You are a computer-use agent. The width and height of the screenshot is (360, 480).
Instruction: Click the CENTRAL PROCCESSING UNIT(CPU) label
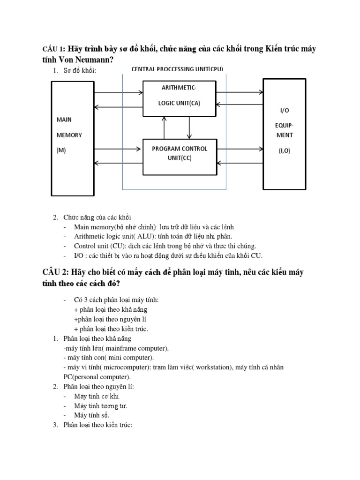pyautogui.click(x=177, y=69)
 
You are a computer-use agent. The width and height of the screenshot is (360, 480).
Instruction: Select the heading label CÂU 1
pyautogui.click(x=53, y=49)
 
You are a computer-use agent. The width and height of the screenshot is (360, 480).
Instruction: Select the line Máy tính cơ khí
pyautogui.click(x=94, y=397)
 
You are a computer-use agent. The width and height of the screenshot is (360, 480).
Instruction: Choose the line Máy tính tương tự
pyautogui.click(x=100, y=406)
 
